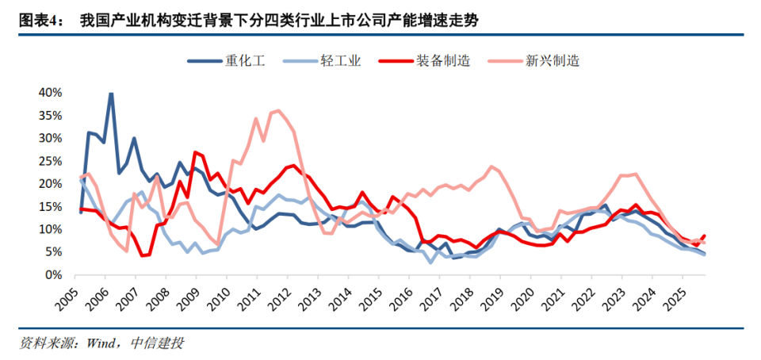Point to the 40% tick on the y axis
[x=50, y=93]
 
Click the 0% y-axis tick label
[x=53, y=274]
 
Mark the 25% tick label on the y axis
[x=50, y=161]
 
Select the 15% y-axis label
[x=50, y=206]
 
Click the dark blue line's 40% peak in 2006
[x=111, y=94]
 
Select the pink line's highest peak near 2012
[x=277, y=110]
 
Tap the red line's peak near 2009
[x=195, y=152]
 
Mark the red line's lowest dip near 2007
[x=142, y=255]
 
